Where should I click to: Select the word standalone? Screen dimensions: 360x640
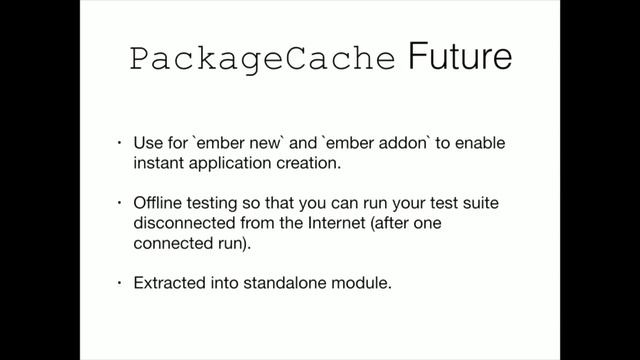tap(285, 284)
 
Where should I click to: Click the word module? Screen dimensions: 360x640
tap(361, 284)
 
